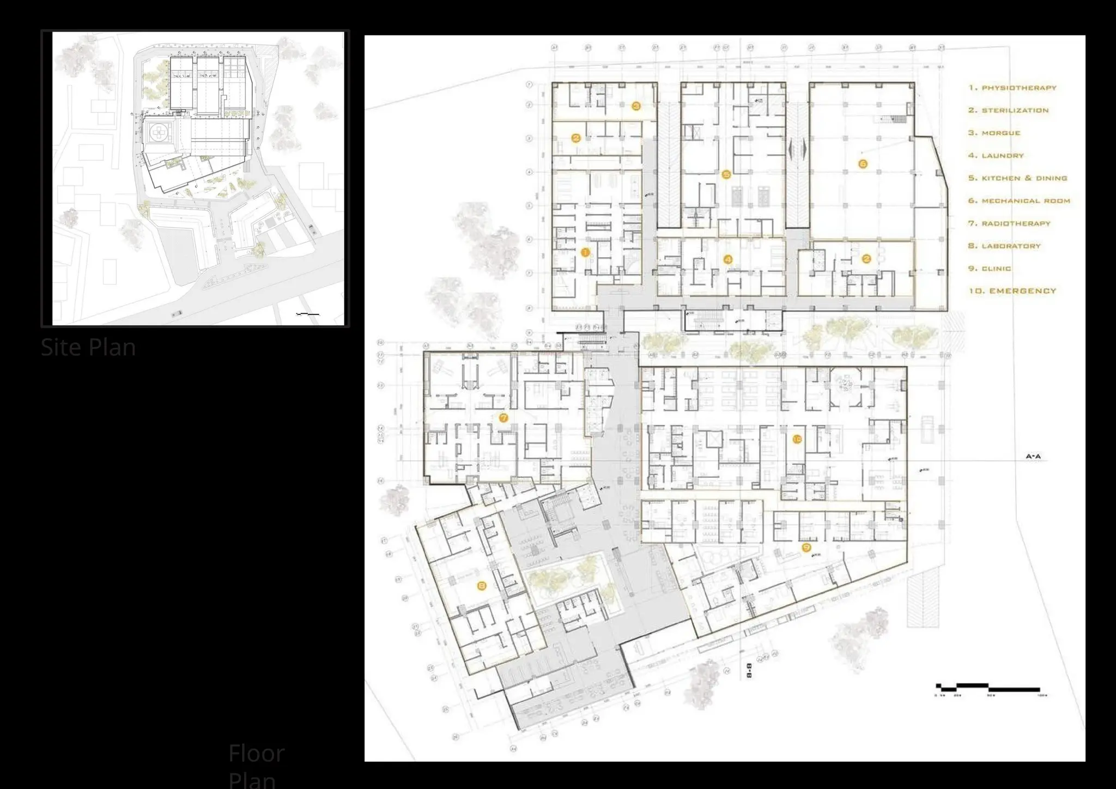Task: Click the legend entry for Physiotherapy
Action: [1012, 88]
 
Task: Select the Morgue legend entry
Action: [994, 133]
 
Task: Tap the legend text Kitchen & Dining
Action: [1017, 178]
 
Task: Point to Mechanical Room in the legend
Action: [1019, 201]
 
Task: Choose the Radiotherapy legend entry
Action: [1009, 223]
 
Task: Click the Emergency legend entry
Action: [1012, 291]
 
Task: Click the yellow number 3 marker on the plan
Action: [636, 106]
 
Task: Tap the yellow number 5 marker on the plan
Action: [726, 175]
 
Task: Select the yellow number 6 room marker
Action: [862, 163]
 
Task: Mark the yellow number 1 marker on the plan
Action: [586, 252]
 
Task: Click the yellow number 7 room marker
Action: [504, 418]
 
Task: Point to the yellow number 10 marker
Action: [797, 439]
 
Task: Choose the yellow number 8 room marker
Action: [481, 586]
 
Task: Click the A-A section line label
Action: [1033, 457]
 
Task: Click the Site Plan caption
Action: [88, 347]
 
